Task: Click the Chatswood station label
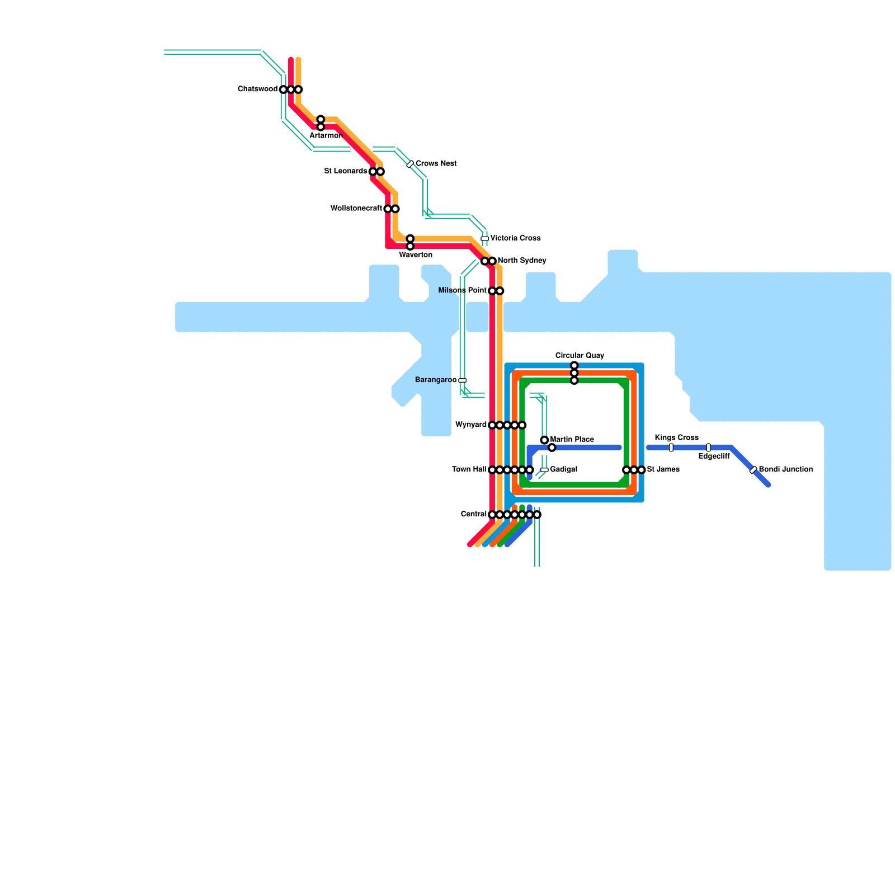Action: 257,89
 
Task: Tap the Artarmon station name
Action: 326,136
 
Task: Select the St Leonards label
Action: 346,171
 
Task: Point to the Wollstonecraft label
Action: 356,209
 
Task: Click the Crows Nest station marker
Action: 410,164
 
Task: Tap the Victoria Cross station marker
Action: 484,238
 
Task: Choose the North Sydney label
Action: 522,261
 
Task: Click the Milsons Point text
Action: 463,291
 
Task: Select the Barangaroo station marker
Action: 462,380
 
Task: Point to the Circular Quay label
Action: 580,356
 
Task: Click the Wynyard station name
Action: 471,425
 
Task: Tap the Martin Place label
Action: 572,440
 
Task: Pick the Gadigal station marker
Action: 544,470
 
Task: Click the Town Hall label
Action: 469,470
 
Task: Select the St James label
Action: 663,470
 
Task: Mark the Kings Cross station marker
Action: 671,447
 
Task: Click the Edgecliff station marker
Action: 708,447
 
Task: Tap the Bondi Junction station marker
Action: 753,470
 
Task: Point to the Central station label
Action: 474,515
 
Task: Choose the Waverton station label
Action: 416,255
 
